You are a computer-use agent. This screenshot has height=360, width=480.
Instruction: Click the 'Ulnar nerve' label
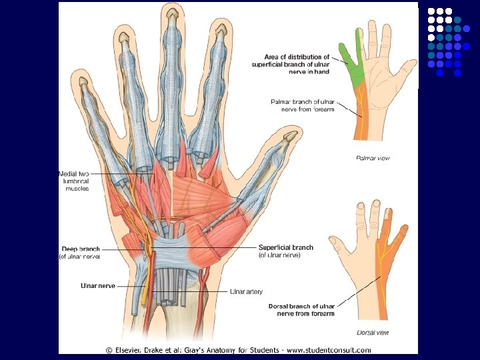(97, 285)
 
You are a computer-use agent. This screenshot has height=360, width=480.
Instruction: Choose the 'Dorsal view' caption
(374, 332)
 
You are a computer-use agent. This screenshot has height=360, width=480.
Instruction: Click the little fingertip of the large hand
(84, 82)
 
